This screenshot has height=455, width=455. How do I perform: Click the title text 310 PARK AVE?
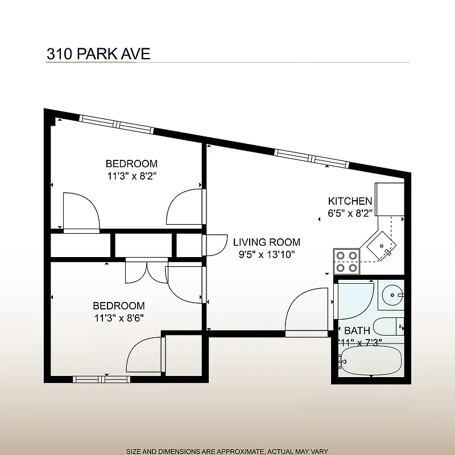[98, 54]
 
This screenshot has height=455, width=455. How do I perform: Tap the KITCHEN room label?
[350, 201]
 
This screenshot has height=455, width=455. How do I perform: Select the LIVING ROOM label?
[267, 242]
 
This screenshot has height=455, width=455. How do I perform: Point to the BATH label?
[357, 330]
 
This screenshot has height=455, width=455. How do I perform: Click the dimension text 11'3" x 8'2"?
[131, 176]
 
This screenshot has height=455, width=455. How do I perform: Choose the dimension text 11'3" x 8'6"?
[119, 318]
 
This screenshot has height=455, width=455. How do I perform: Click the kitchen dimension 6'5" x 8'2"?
[350, 214]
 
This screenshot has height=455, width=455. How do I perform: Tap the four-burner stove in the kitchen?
[347, 261]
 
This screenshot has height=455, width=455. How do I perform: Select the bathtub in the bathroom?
[370, 362]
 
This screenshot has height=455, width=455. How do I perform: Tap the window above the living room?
[311, 158]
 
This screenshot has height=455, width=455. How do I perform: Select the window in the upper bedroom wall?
[117, 123]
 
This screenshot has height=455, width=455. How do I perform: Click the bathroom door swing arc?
[354, 301]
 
